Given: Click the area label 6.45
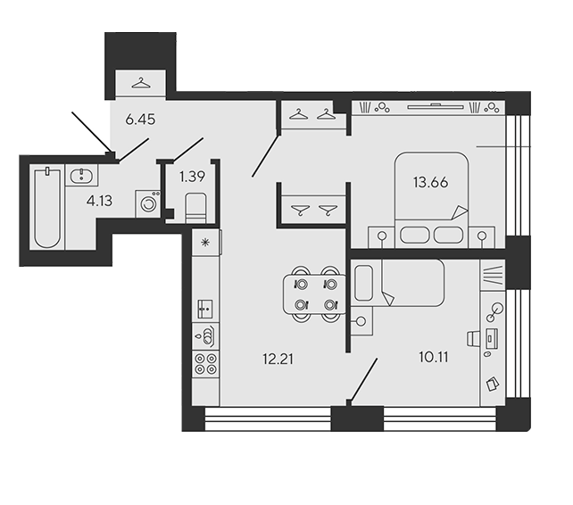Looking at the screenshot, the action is (140, 120).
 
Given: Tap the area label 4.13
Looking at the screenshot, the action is (99, 201).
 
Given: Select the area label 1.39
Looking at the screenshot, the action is (192, 177).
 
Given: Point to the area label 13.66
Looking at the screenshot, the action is (430, 182).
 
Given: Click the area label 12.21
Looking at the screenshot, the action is (278, 359).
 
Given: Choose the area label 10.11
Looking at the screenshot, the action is (434, 357).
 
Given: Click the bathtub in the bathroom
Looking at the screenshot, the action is (47, 207).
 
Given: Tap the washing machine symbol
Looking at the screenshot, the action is (148, 203).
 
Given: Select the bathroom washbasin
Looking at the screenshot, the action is (81, 175).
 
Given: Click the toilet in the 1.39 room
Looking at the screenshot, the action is (195, 208).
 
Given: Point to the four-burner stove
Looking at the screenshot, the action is (206, 364).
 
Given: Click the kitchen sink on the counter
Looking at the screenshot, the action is (206, 309).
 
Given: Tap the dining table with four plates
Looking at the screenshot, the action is (315, 294).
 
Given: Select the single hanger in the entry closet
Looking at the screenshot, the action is (141, 83).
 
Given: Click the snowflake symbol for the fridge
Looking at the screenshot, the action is (206, 242).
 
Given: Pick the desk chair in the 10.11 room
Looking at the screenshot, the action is (474, 338).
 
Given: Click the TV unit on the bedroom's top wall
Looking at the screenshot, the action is (436, 107).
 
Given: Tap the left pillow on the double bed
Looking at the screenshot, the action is (414, 235).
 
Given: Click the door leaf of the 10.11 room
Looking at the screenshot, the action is (364, 380).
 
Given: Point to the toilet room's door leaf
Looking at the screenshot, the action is (187, 150).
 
